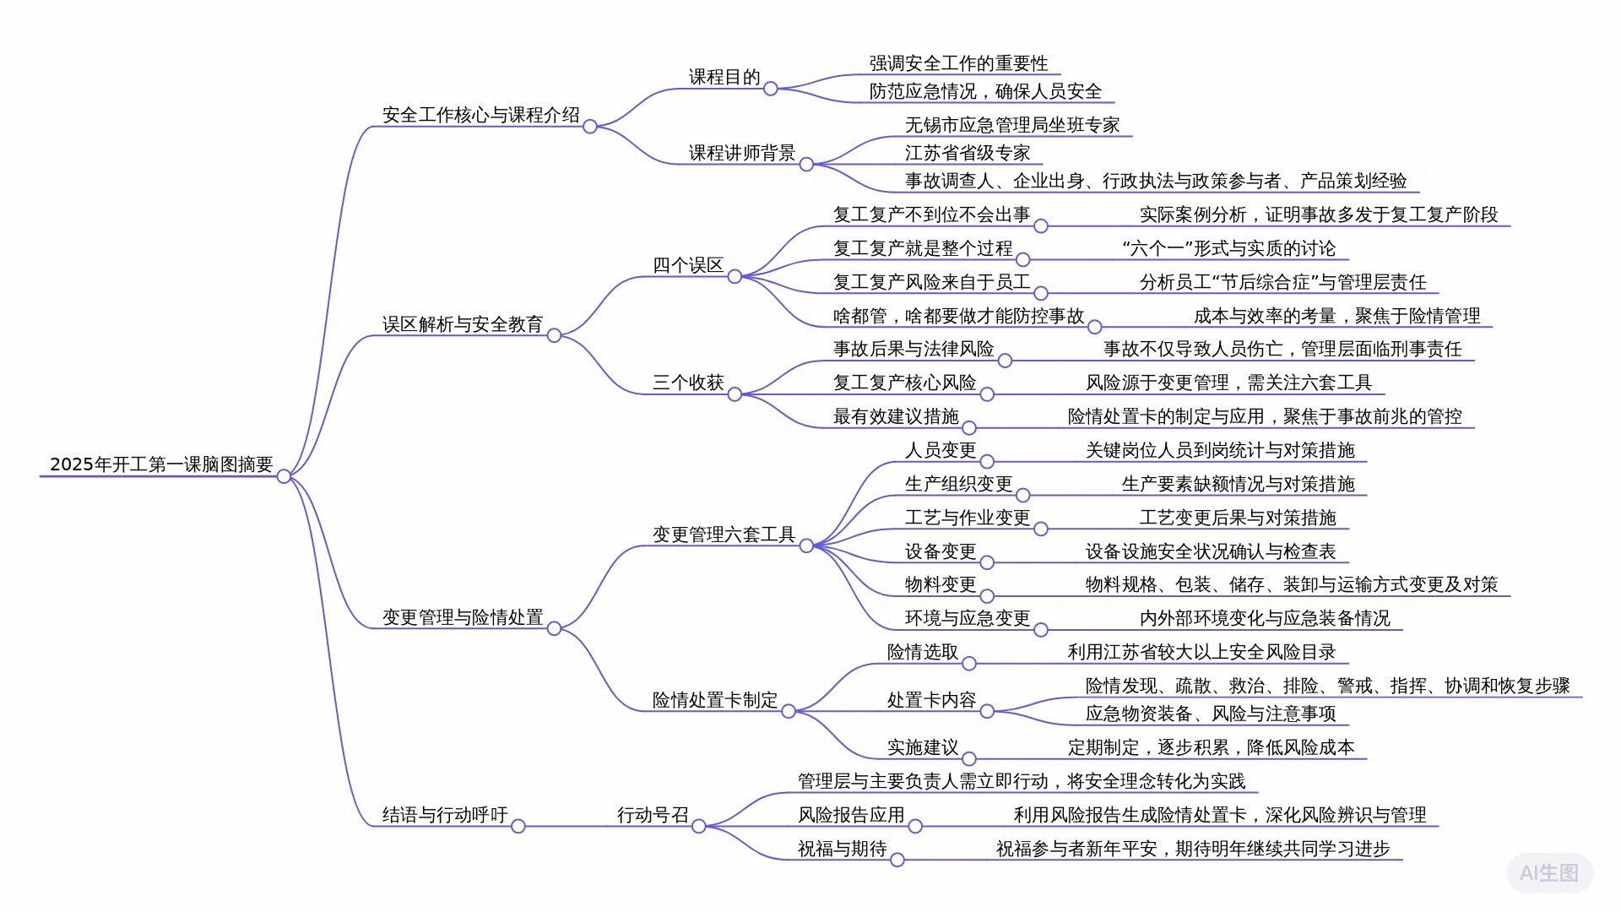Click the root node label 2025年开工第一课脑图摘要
pyautogui.click(x=161, y=464)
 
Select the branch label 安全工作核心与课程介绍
pyautogui.click(x=480, y=115)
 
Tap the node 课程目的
pyautogui.click(x=724, y=77)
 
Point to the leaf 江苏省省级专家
pyautogui.click(x=968, y=153)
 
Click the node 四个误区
pyautogui.click(x=688, y=265)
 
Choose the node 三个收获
pyautogui.click(x=688, y=383)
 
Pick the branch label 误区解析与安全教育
pyautogui.click(x=463, y=324)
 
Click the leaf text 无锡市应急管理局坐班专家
pyautogui.click(x=1012, y=125)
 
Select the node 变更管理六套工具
pyautogui.click(x=724, y=535)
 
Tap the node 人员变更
pyautogui.click(x=941, y=450)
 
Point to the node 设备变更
pyautogui.click(x=941, y=551)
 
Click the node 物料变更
pyautogui.click(x=941, y=584)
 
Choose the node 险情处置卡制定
pyautogui.click(x=715, y=700)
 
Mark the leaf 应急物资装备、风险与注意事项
pyautogui.click(x=1211, y=714)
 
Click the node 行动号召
pyautogui.click(x=653, y=815)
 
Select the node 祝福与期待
pyautogui.click(x=842, y=849)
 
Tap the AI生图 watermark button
pyautogui.click(x=1549, y=873)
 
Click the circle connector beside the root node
pyautogui.click(x=284, y=476)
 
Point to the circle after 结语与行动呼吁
pyautogui.click(x=518, y=826)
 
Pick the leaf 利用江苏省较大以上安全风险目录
pyautogui.click(x=1201, y=652)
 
